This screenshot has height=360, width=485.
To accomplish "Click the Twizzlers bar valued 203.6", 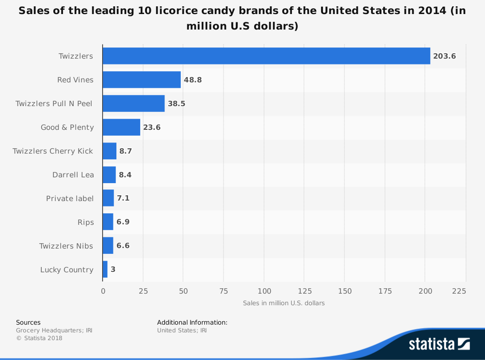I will (266, 56).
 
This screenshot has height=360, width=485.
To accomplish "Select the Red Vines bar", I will (142, 79).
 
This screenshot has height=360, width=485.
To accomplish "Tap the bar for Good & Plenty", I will (121, 127).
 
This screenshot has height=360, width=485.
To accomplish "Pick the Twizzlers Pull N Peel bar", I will (133, 104).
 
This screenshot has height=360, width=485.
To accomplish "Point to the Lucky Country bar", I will (105, 269).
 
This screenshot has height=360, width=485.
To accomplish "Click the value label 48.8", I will (193, 80).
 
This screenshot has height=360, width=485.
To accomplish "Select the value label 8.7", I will (126, 151).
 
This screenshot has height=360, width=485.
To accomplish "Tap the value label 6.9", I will (123, 222).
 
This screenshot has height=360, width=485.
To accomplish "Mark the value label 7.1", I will (123, 199).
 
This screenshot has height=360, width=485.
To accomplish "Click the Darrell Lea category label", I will (73, 175).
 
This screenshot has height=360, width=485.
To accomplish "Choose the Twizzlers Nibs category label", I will (66, 246).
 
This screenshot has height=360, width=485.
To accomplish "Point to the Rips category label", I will (85, 222).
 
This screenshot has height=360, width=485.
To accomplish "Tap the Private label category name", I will (69, 199).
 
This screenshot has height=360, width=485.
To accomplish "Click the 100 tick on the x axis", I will (264, 291).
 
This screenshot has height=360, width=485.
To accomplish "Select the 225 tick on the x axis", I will (459, 291).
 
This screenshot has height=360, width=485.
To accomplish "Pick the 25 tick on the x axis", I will (143, 291).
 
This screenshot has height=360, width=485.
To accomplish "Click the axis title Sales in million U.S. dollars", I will (284, 303).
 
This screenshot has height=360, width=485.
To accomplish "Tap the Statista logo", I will (439, 344).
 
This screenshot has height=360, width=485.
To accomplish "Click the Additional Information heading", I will (192, 322).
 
